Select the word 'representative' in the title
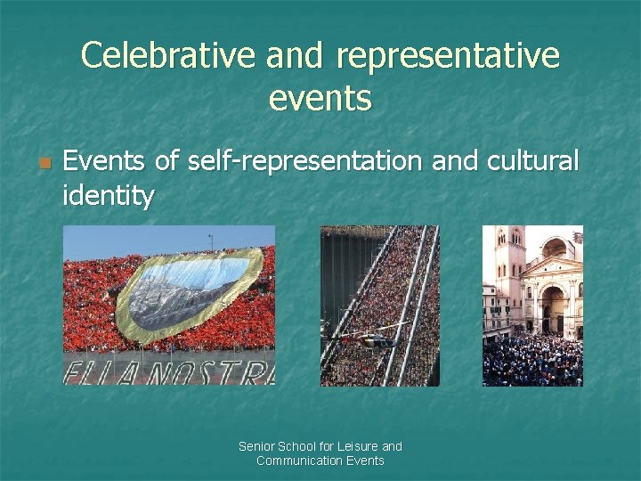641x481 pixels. pos(449,56)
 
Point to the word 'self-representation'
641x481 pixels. pos(304,161)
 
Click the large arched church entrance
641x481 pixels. pos(554,307)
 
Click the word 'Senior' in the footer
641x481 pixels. pos(258,446)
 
